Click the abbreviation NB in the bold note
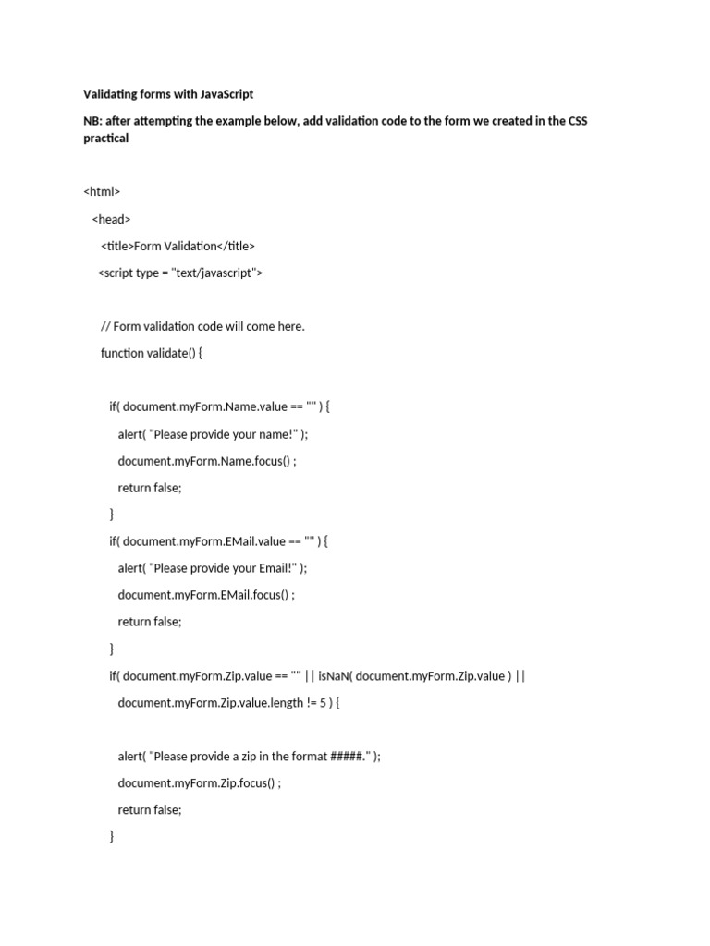[x=92, y=121]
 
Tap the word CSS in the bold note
[x=575, y=121]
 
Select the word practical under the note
[x=105, y=139]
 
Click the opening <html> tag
[x=102, y=192]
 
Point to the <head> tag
[x=111, y=219]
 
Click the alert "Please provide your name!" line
[x=213, y=434]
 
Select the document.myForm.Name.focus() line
[x=207, y=461]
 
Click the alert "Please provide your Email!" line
[x=212, y=568]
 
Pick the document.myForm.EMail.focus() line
[x=206, y=595]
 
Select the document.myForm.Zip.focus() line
[x=199, y=782]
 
